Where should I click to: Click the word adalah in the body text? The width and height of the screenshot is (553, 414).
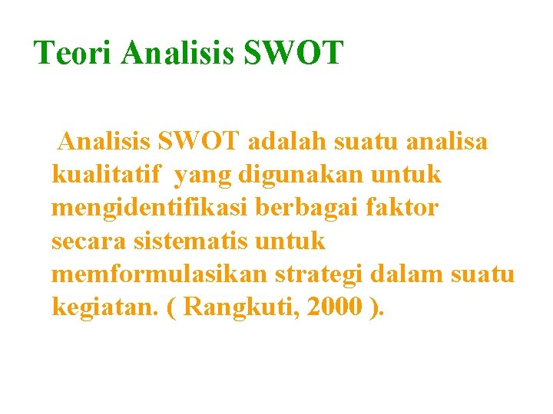pos(280,142)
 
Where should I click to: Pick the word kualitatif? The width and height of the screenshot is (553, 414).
pos(107,175)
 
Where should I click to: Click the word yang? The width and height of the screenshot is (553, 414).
pos(203,176)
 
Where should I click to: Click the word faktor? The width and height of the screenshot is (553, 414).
pos(411,208)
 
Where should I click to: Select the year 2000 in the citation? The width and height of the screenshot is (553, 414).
pos(334,307)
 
